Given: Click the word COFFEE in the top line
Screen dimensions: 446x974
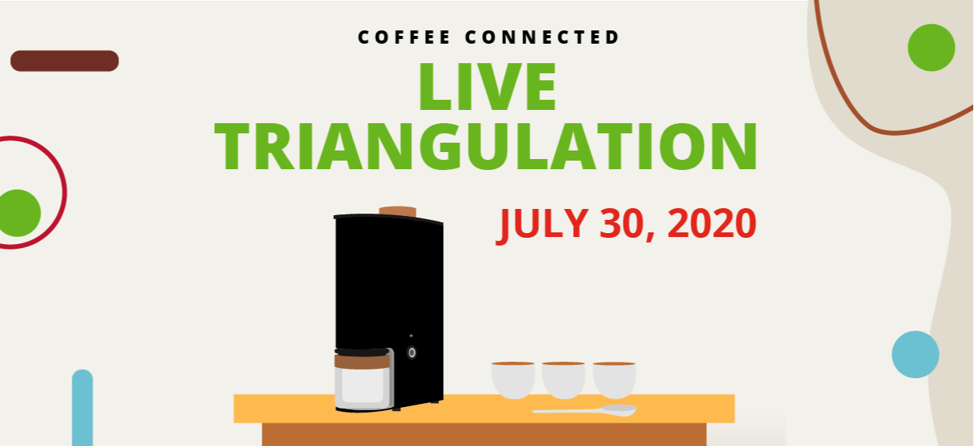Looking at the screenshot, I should (403, 37).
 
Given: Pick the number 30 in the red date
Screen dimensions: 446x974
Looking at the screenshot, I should (623, 224).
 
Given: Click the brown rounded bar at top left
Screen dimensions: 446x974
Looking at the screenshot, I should (65, 61).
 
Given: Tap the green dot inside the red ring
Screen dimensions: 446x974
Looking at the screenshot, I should (18, 213).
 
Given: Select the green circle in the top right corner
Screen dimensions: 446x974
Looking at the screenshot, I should (931, 48).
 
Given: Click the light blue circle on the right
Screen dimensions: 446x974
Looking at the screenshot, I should (915, 355).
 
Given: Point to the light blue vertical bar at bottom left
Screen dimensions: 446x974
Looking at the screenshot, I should (83, 409).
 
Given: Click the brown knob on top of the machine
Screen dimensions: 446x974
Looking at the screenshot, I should (397, 211).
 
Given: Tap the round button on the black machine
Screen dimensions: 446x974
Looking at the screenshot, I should (412, 352).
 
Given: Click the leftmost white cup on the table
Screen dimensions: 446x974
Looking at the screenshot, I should (513, 379).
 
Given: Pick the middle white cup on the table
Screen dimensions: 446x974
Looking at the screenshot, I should (564, 379).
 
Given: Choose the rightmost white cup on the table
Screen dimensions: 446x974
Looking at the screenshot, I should (614, 379).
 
